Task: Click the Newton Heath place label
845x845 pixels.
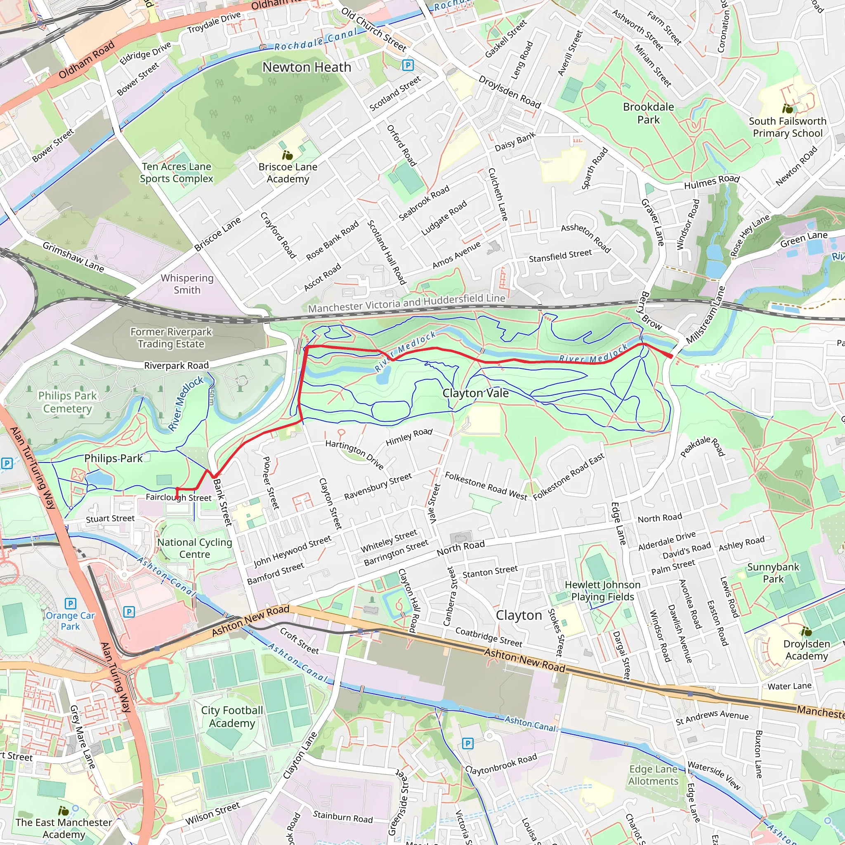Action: click(307, 67)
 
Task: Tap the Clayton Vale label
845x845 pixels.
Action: click(475, 393)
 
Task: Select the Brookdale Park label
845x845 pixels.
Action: click(648, 113)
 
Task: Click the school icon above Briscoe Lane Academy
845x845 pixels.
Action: click(287, 155)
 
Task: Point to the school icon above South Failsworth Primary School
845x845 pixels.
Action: click(788, 109)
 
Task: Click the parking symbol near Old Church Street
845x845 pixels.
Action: click(408, 66)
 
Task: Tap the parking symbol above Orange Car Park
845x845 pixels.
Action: click(71, 604)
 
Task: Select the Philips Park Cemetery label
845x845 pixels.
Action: click(67, 402)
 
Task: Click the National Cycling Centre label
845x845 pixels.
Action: click(195, 548)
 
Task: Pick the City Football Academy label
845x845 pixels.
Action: click(232, 716)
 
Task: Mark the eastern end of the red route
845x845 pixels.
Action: click(672, 357)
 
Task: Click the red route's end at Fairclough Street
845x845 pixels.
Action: click(177, 498)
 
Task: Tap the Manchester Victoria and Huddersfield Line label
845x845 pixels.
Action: click(406, 303)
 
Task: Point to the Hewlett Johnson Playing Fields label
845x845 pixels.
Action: click(602, 590)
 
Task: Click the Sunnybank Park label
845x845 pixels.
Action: click(773, 573)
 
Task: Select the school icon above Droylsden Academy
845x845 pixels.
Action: click(807, 632)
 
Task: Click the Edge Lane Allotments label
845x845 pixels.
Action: click(654, 775)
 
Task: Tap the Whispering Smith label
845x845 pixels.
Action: click(187, 284)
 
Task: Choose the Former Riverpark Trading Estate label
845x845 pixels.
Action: click(171, 338)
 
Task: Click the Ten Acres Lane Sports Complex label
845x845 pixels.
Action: click(176, 172)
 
